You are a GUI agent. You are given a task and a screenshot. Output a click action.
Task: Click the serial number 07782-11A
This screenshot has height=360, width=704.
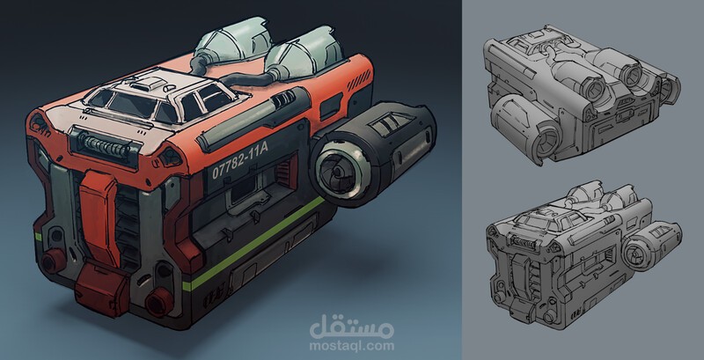click(x=239, y=159)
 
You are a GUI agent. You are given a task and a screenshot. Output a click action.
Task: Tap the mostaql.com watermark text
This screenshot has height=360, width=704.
click(x=351, y=346)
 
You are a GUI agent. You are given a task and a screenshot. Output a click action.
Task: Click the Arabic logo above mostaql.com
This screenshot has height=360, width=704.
click(x=351, y=327)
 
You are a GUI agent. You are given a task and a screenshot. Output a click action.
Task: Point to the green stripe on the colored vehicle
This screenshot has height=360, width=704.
click(x=253, y=243)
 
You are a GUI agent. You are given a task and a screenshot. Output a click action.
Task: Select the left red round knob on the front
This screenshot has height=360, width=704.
click(x=53, y=261)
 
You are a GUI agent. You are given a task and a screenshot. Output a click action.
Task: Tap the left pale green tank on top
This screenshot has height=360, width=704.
click(x=228, y=45)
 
